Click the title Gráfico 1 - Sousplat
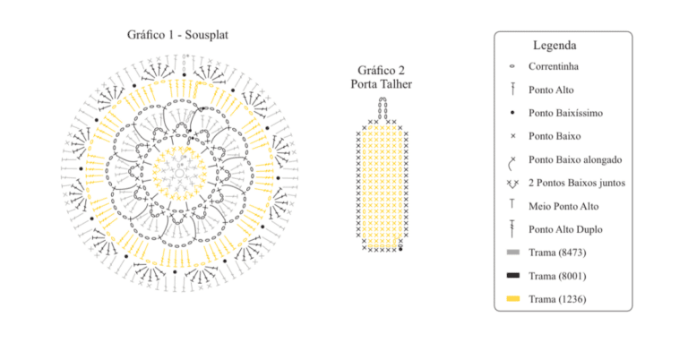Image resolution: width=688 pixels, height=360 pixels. click(x=177, y=35)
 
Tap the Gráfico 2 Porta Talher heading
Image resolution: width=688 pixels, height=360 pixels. click(x=381, y=77)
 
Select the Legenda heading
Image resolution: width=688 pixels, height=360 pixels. click(x=555, y=45)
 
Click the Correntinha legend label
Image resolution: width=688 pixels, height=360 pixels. click(x=554, y=66)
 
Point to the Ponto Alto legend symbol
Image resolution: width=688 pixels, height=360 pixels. click(x=512, y=89)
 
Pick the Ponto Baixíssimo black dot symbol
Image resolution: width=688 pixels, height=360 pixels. click(x=512, y=113)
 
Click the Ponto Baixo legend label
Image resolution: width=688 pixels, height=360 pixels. click(x=555, y=136)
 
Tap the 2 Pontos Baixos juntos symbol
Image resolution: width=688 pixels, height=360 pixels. click(x=512, y=184)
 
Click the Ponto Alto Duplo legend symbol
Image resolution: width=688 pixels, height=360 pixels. click(x=512, y=229)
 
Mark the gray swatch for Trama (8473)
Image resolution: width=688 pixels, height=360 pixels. click(x=513, y=253)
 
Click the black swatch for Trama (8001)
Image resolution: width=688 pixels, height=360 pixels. click(x=513, y=275)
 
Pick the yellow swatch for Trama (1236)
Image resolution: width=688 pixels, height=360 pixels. click(x=513, y=298)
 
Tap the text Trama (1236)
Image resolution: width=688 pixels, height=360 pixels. click(x=557, y=299)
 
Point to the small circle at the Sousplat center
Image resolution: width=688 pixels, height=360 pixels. click(x=179, y=173)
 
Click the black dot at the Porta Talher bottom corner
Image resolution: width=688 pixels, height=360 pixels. click(x=400, y=249)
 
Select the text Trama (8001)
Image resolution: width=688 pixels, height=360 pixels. click(x=557, y=276)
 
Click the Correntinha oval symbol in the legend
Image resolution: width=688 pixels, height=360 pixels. click(x=512, y=66)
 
